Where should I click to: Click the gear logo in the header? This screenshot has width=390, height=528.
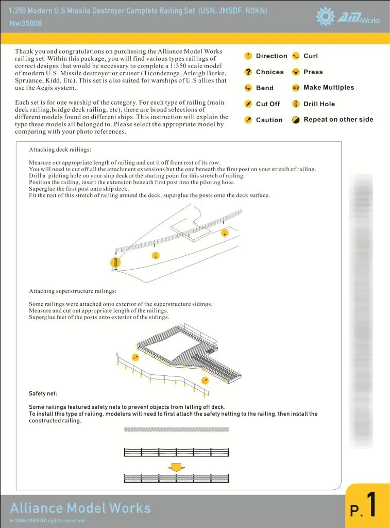326,16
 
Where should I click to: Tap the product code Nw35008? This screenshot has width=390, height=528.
26,23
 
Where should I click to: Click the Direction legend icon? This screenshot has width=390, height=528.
248,56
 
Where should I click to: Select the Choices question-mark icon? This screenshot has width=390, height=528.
248,72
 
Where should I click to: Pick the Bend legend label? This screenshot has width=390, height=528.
265,88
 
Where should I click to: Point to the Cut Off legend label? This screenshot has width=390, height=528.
268,104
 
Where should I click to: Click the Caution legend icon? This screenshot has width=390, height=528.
248,120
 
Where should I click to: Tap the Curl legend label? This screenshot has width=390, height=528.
311,56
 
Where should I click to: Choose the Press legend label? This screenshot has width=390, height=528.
313,72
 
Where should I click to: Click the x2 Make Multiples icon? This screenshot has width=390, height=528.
296,88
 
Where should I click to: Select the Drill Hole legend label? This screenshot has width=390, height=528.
319,104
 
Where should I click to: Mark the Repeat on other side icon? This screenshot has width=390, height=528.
296,120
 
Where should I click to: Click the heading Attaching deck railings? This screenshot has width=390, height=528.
60,150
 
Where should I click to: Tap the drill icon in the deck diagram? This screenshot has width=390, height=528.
115,262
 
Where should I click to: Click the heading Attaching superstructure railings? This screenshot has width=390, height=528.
73,291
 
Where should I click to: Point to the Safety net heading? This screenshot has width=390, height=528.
43,394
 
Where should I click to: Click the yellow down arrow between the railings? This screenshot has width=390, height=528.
177,467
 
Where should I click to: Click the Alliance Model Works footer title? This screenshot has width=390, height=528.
80,508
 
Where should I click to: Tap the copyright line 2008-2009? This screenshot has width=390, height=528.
48,521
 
